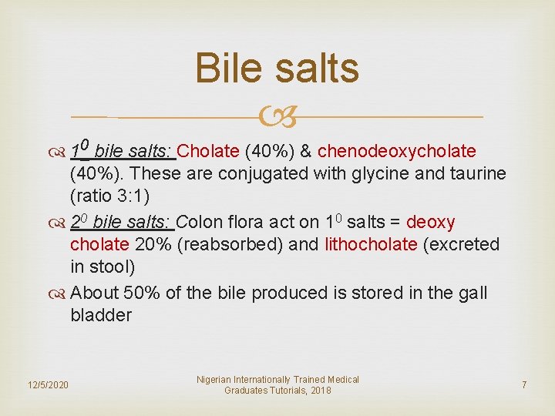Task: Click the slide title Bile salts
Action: (x=277, y=68)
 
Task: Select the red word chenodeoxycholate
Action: (x=396, y=150)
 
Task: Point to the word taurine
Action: (x=475, y=174)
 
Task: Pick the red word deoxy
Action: (x=430, y=222)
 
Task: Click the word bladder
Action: (x=100, y=315)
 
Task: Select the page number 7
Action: (x=523, y=384)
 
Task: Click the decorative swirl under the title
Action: (x=277, y=117)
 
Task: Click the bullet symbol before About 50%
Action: (x=59, y=293)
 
